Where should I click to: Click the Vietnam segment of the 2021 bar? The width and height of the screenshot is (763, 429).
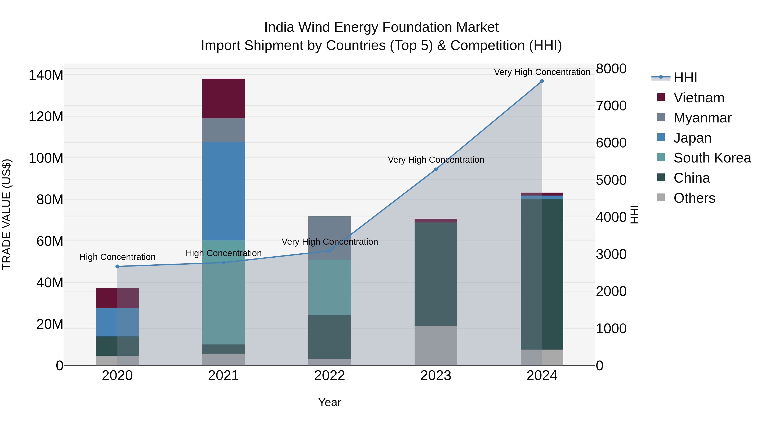coord(223,98)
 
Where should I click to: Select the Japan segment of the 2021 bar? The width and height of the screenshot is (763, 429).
coord(223,191)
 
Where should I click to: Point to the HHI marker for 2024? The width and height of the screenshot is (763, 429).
coord(542,81)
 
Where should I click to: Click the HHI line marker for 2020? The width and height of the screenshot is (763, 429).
coord(117,267)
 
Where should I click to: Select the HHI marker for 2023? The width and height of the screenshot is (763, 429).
coord(436,169)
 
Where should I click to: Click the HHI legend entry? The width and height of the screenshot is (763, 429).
coord(685,78)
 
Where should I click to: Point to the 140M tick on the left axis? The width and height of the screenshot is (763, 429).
coord(46,75)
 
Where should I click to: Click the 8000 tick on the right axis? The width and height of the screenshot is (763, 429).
coord(611,69)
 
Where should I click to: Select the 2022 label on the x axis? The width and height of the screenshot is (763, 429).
coord(329,376)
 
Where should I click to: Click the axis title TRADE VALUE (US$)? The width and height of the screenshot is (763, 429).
coord(7,214)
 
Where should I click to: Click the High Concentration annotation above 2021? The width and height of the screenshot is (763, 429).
coord(224,253)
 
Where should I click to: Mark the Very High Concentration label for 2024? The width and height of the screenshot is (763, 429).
coord(542,72)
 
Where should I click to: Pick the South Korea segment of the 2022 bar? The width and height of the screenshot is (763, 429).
coord(329,287)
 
